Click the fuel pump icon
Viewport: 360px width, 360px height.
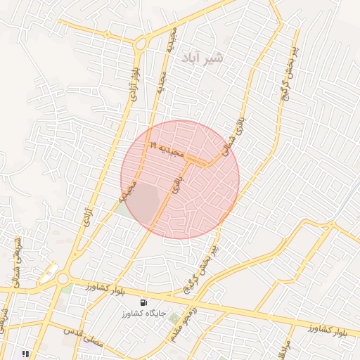click(143, 301)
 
